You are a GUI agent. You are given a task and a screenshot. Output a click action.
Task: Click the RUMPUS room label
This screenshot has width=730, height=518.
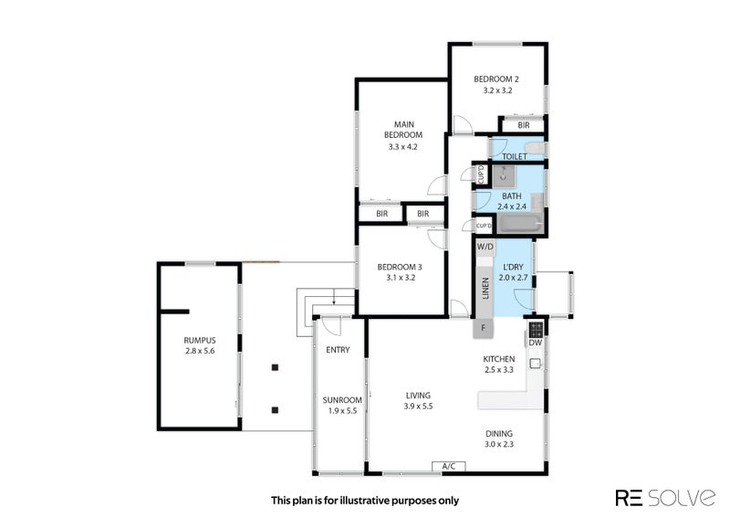click(199, 341)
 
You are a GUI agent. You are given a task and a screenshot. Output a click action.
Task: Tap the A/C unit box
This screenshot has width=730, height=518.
click(449, 466)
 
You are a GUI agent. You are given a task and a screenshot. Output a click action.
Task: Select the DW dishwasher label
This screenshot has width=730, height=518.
click(536, 343)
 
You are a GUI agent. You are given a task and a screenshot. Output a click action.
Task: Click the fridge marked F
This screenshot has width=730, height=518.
click(484, 328)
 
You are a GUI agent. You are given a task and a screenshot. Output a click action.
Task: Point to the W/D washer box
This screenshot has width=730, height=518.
click(485, 247)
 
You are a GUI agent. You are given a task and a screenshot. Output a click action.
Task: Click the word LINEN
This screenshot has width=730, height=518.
click(485, 288)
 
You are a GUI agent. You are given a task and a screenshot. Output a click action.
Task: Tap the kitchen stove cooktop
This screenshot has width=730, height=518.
click(536, 329)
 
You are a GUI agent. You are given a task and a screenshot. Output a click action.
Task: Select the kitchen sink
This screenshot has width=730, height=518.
click(536, 363)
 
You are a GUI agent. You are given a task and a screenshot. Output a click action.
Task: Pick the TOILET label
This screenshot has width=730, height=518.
click(515, 156)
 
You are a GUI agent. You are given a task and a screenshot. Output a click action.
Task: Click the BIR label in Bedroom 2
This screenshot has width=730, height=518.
click(524, 125)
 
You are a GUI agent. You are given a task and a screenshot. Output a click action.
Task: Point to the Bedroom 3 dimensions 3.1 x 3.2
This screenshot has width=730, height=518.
click(401, 278)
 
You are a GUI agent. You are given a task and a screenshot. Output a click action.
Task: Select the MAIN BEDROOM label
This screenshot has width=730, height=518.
click(403, 130)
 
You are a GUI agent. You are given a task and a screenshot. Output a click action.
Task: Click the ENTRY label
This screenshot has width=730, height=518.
click(338, 350)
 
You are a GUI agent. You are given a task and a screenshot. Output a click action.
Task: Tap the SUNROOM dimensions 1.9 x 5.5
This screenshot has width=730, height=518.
click(342, 411)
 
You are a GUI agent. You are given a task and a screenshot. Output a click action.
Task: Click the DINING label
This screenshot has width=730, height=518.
click(499, 433)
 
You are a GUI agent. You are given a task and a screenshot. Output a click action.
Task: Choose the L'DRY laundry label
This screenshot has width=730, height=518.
click(514, 267)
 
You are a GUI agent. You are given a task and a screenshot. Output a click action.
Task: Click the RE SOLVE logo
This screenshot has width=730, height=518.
click(665, 498)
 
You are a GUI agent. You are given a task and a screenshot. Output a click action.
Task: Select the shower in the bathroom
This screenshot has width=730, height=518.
click(505, 175)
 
